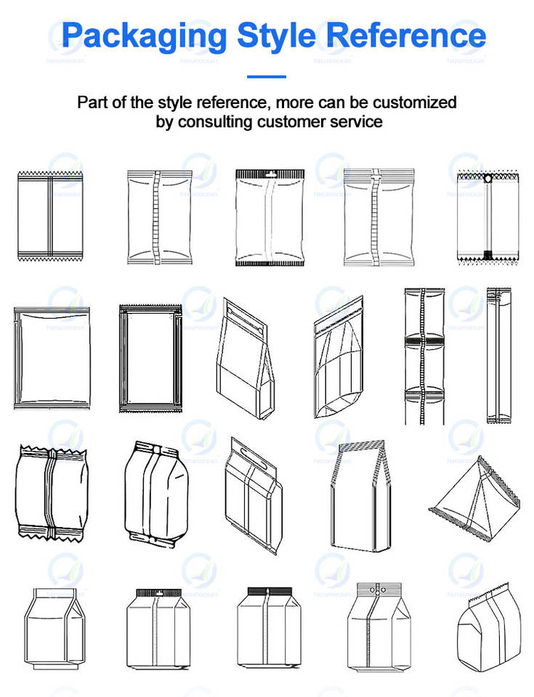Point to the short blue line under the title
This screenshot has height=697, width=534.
tap(267, 76)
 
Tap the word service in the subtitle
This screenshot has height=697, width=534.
tap(355, 121)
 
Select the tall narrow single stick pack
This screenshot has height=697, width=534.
tap(498, 355)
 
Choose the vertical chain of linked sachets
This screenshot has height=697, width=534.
tap(424, 355)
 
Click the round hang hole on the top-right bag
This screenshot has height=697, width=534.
tap(488, 177)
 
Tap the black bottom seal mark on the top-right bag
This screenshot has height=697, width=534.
tap(488, 253)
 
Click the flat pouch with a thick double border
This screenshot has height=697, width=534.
tap(153, 357)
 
